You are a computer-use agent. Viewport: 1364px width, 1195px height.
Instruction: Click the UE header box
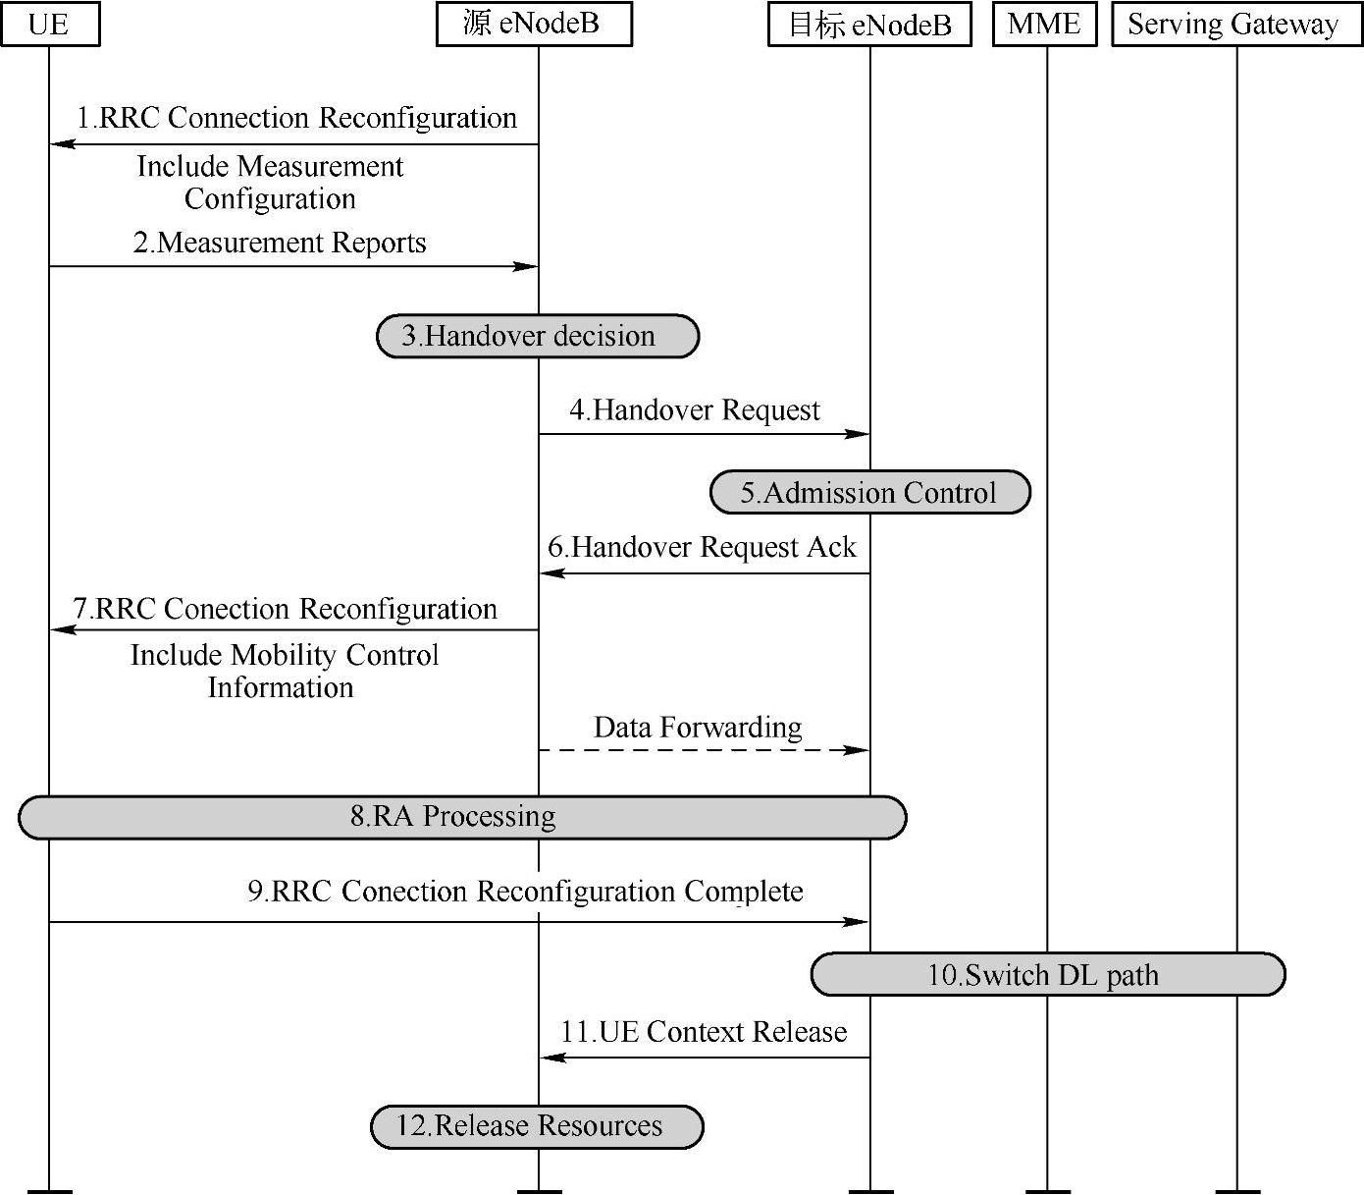tap(50, 25)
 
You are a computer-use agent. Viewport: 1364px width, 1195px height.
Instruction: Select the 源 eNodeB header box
tap(534, 25)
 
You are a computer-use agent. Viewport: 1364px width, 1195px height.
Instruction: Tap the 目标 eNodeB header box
tap(869, 25)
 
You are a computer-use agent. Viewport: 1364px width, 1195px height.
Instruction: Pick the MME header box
tap(1044, 25)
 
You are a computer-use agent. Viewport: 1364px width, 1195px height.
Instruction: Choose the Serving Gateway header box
tap(1235, 25)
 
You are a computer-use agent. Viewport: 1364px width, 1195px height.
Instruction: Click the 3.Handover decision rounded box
tap(538, 337)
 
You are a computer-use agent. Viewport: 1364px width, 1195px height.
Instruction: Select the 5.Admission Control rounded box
tap(869, 492)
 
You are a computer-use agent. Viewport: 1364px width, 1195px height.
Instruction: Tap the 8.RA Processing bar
tap(462, 817)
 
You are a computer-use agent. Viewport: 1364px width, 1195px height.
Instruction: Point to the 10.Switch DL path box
tap(1047, 975)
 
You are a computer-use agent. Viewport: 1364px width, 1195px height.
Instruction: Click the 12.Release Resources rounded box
tap(537, 1126)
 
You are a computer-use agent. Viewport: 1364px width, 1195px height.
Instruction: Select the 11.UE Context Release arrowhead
tap(553, 1058)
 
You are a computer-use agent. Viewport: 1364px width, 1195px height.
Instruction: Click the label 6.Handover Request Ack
tap(702, 547)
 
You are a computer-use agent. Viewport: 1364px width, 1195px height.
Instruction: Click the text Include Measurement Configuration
tap(270, 182)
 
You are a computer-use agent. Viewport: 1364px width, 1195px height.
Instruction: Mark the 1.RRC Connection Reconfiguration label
tap(297, 118)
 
